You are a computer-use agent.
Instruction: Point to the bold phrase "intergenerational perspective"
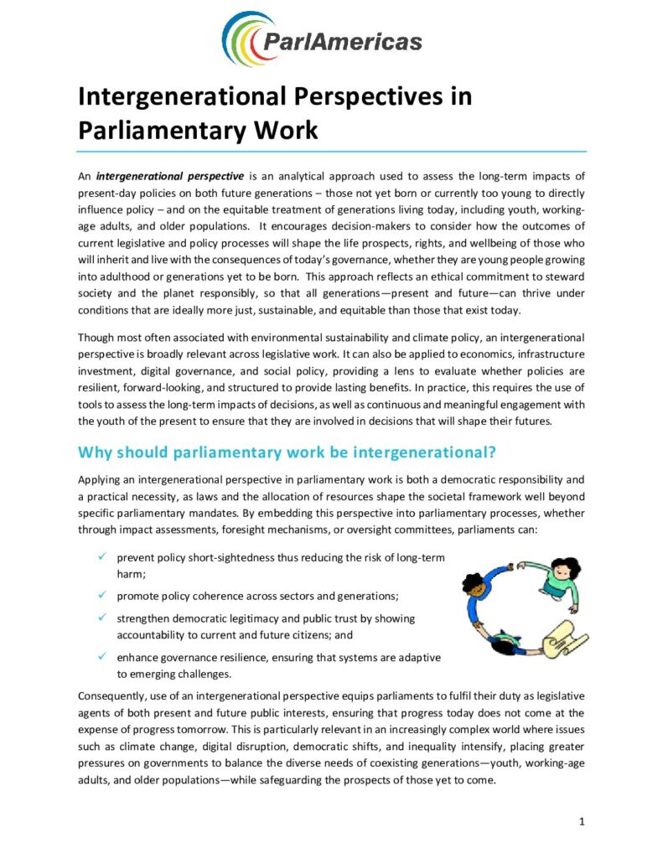coord(169,177)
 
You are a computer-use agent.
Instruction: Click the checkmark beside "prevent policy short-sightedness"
coord(101,557)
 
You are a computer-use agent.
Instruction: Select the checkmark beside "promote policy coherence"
coord(101,595)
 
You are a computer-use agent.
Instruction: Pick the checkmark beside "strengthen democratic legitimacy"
coord(101,618)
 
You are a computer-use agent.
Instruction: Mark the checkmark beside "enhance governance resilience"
coord(101,656)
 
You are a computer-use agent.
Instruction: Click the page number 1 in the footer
coord(582,821)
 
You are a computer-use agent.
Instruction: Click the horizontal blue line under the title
coord(331,152)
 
